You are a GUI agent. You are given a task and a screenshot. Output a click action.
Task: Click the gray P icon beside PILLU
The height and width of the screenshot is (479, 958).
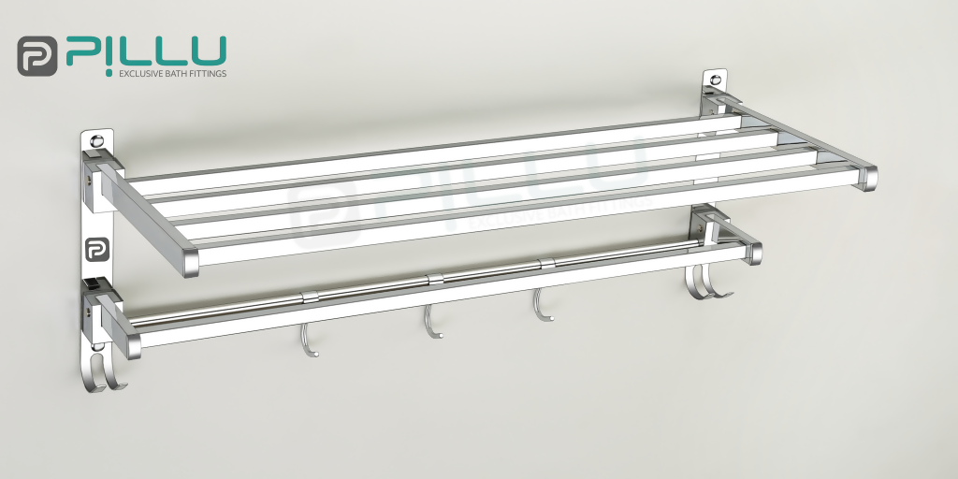[x=37, y=55]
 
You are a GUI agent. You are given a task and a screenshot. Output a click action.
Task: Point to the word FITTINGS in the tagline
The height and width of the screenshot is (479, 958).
[x=207, y=72]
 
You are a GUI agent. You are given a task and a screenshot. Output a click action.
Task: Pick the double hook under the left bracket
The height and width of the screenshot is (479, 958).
[x=107, y=370]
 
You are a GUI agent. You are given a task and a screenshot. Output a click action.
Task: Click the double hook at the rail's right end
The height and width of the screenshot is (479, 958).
[x=706, y=283]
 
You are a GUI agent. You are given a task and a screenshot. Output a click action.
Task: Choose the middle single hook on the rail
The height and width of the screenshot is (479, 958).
[x=430, y=323]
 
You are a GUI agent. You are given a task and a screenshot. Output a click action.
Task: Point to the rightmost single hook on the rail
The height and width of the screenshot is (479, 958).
[x=541, y=306]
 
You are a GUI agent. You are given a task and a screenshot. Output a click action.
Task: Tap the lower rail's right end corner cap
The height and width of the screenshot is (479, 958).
[x=754, y=253]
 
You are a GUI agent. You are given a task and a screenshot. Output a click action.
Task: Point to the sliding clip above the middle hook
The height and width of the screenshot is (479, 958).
[x=434, y=278]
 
